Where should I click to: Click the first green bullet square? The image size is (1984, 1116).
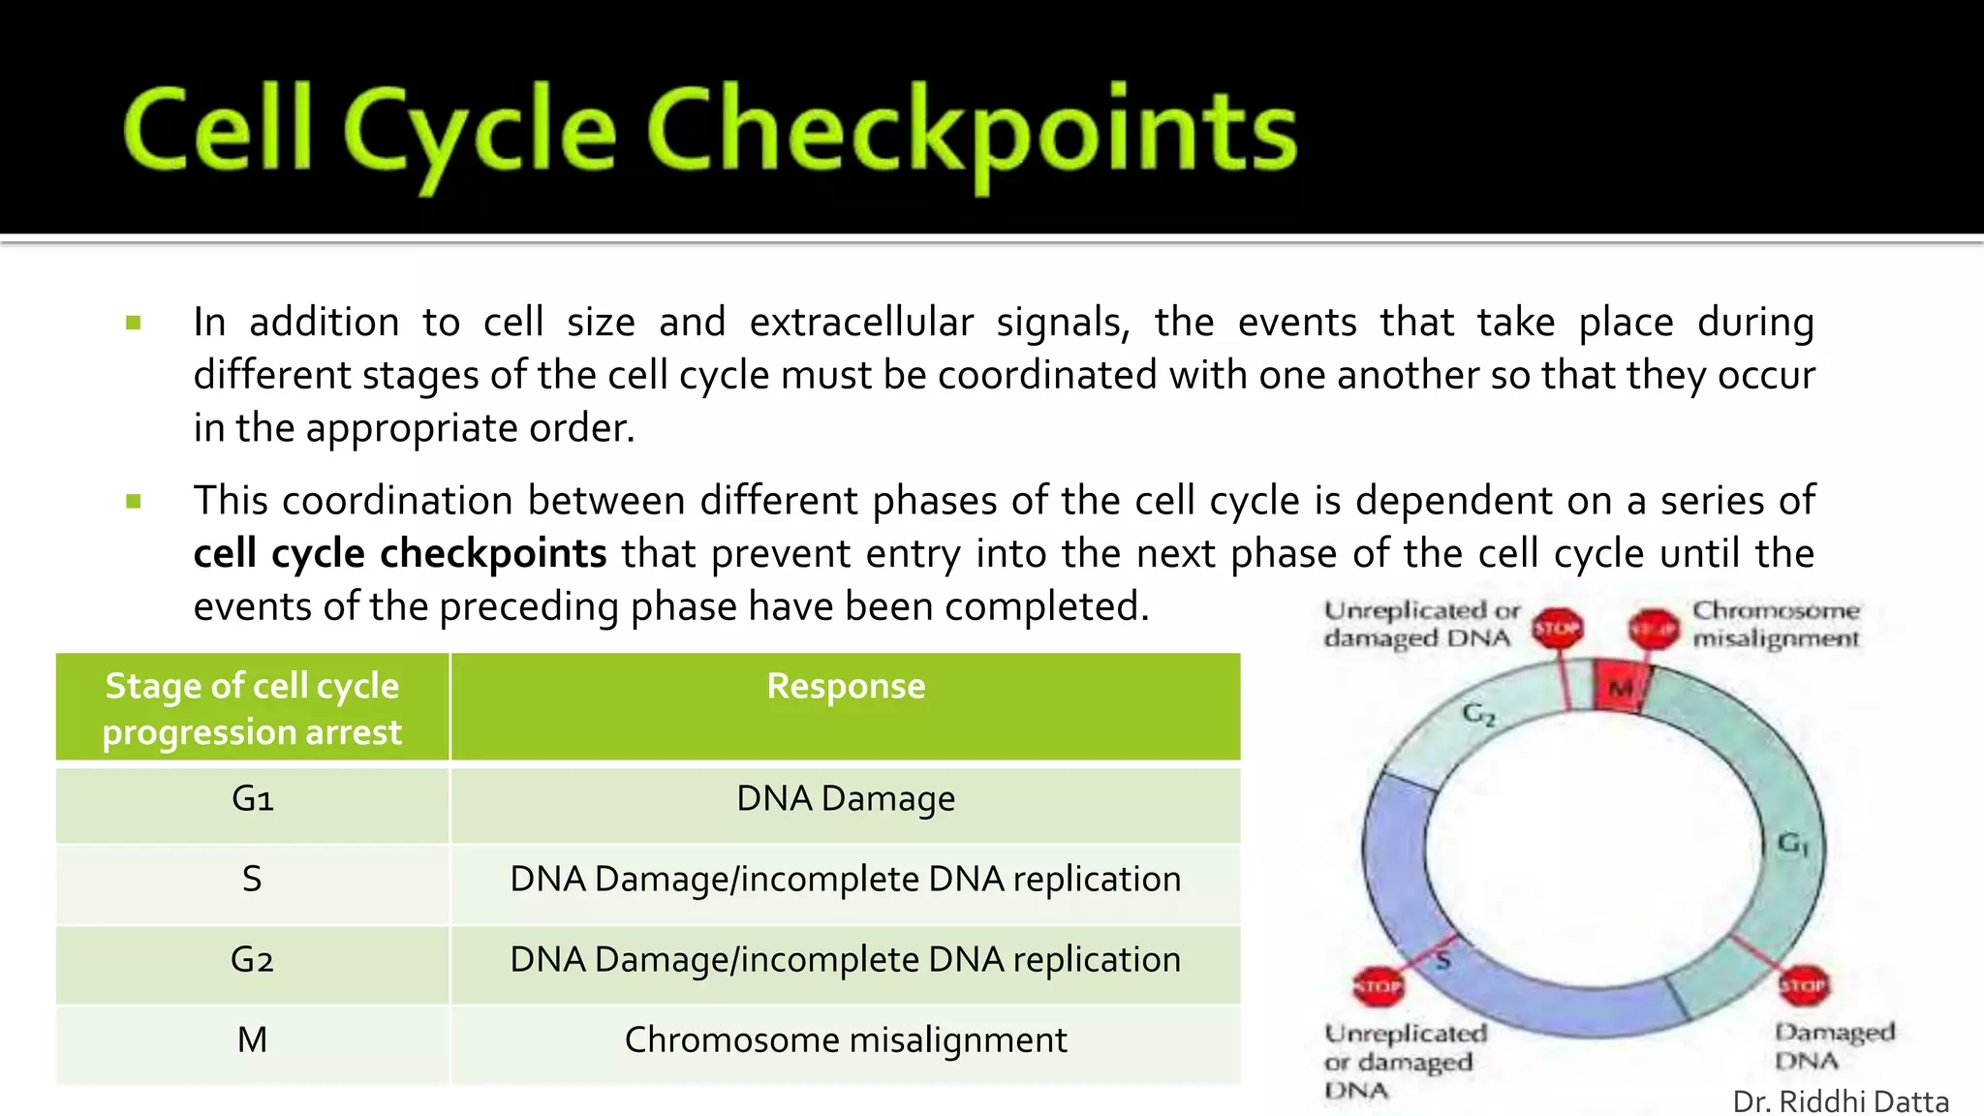tap(134, 323)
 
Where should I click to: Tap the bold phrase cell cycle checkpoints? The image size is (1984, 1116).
tap(399, 553)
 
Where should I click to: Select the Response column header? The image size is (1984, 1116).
tap(845, 687)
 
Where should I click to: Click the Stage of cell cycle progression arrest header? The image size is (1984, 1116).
tap(252, 708)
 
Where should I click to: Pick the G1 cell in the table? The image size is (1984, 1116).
tap(252, 799)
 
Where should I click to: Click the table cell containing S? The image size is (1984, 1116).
tap(252, 880)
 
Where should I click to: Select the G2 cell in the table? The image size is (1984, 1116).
tap(252, 960)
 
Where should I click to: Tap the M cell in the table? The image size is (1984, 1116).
tap(252, 1040)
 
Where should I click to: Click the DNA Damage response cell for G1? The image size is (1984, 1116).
tap(845, 799)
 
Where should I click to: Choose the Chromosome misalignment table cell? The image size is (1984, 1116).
tap(845, 1040)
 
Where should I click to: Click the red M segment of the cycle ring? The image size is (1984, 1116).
tap(1620, 688)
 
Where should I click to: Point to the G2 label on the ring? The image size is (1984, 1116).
tap(1478, 715)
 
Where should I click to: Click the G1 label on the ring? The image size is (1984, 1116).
tap(1792, 843)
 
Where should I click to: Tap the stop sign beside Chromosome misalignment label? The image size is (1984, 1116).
tap(1652, 630)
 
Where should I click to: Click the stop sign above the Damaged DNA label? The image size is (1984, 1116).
tap(1803, 986)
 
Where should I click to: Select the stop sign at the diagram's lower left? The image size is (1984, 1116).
tap(1378, 986)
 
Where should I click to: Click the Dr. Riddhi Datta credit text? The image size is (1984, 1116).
tap(1840, 1101)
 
